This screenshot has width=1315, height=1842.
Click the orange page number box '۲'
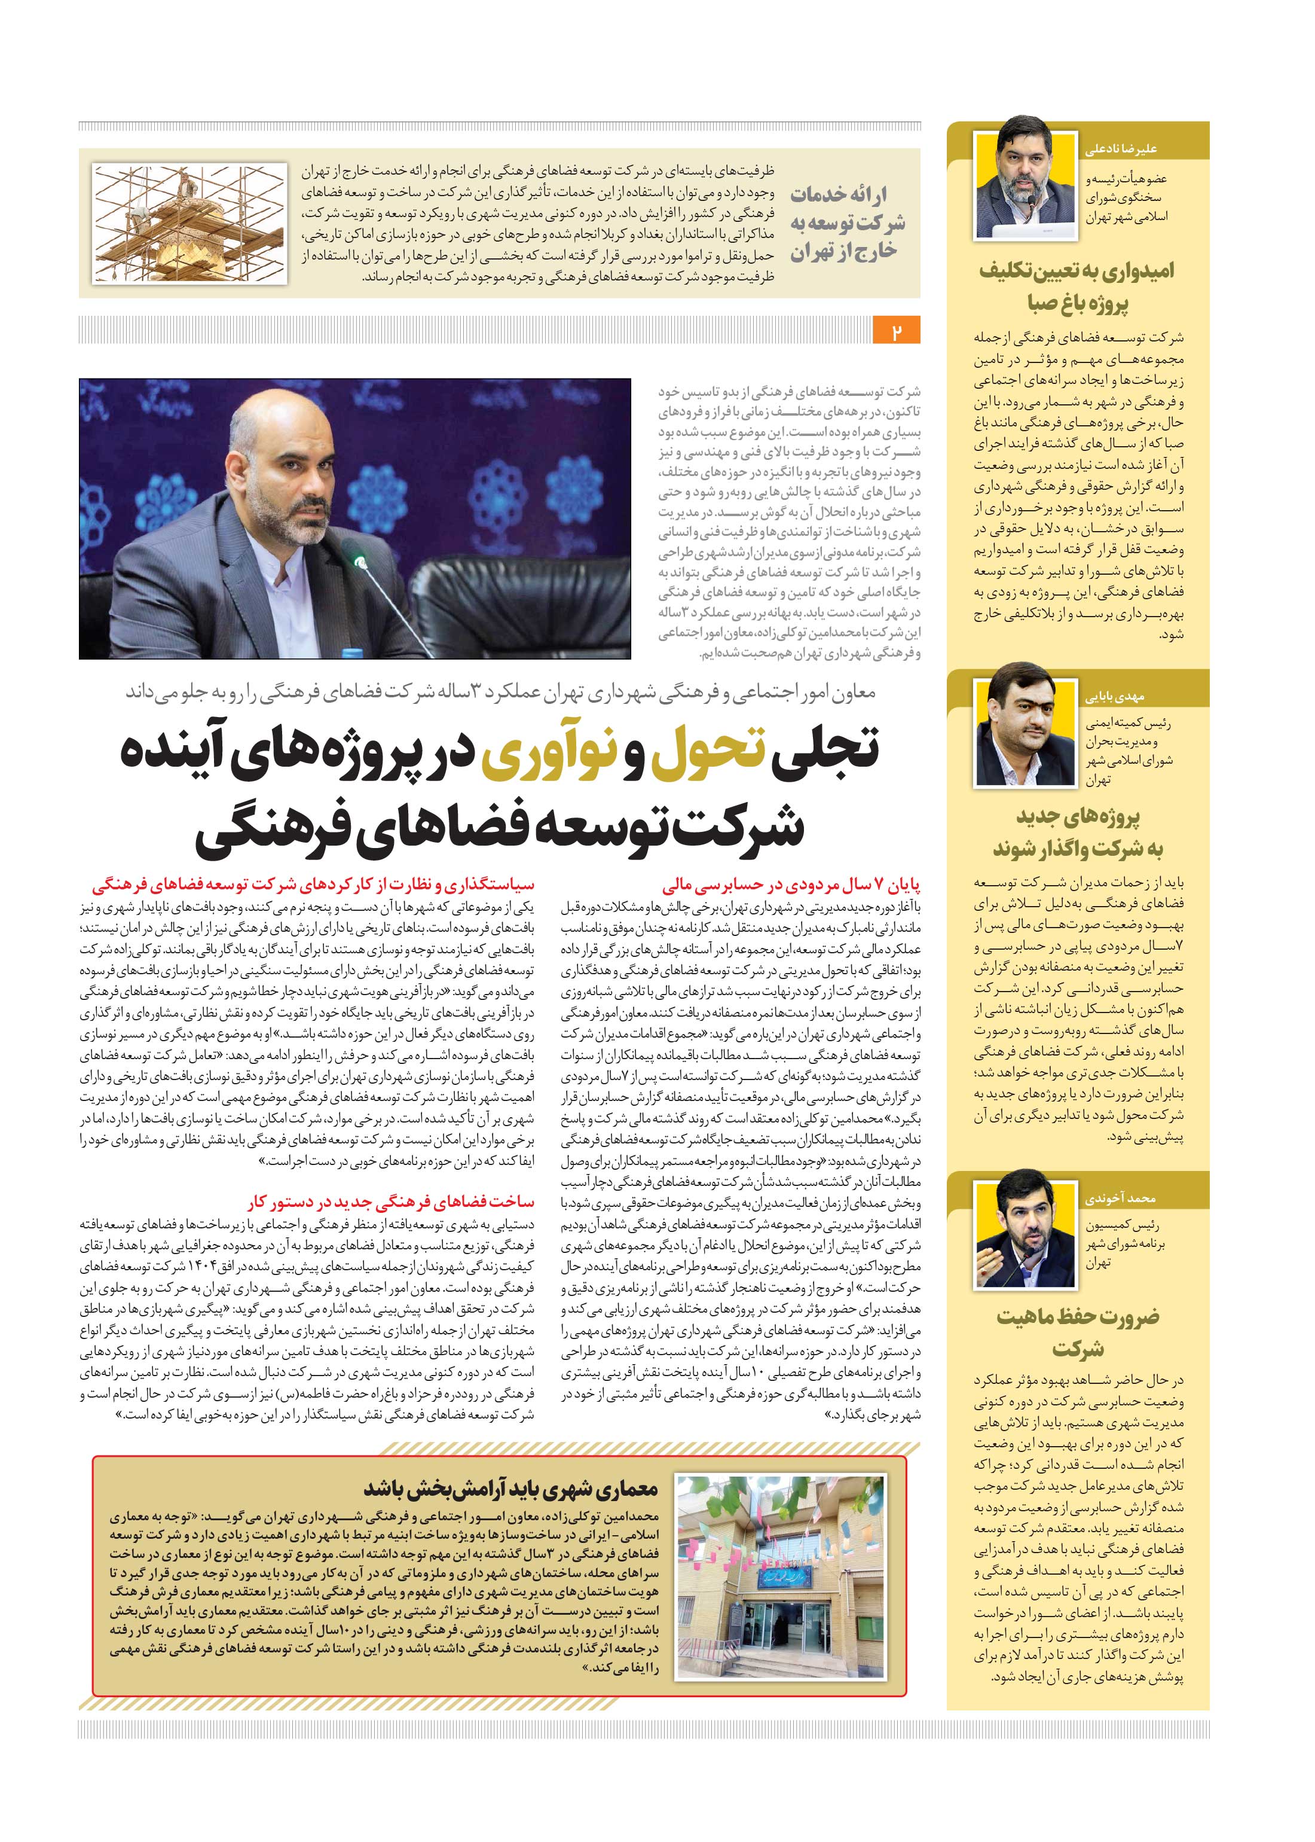click(897, 332)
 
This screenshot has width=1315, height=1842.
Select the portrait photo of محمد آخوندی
click(1027, 1236)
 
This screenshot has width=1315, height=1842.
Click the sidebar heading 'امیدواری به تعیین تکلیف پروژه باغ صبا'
click(1077, 286)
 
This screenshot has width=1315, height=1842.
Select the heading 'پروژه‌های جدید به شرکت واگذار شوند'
click(1077, 832)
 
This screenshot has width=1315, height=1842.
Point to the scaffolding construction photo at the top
click(189, 224)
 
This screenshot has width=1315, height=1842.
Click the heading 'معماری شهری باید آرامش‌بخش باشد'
click(510, 1488)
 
